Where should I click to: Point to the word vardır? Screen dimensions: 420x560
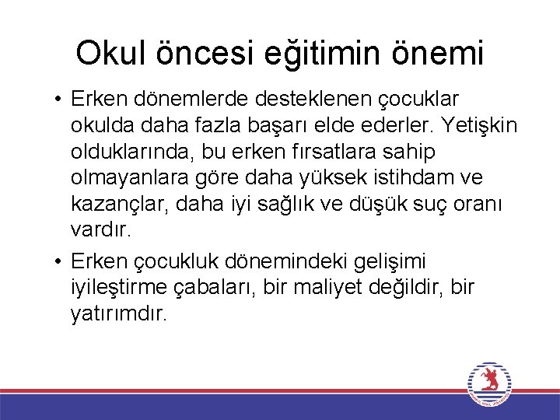(101, 229)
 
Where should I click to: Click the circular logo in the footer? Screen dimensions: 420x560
(488, 383)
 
